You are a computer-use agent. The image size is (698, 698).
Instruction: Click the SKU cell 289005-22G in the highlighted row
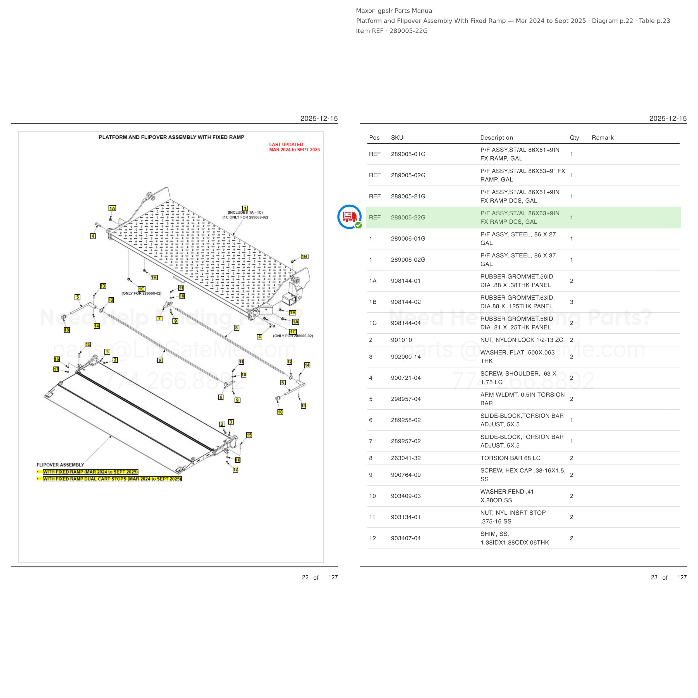pos(408,217)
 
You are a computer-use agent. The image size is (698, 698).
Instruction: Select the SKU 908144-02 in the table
pos(406,302)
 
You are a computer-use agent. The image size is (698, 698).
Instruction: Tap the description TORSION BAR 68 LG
pos(510,458)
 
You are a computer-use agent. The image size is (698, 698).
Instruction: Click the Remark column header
pos(603,138)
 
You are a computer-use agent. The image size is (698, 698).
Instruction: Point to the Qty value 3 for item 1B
pos(572,302)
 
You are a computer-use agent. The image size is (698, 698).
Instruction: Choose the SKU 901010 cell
pos(401,340)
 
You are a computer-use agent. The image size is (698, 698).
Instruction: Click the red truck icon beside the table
pos(349,217)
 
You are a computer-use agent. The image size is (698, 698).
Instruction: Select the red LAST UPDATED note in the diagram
pos(295,147)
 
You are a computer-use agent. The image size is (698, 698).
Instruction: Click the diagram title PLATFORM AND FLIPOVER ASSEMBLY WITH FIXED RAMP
pos(172,137)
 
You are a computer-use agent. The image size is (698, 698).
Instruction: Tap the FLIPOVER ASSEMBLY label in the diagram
pos(60,465)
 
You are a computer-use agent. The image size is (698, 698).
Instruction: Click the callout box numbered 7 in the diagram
pos(159,319)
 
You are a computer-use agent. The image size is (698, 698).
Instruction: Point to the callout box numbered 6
pos(221,397)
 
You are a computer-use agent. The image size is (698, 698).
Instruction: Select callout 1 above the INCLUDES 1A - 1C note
pos(245,209)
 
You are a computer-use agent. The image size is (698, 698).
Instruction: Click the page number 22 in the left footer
pos(305,577)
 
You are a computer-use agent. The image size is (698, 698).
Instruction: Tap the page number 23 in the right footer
pos(654,577)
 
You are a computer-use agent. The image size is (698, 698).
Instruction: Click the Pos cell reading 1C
pos(373,323)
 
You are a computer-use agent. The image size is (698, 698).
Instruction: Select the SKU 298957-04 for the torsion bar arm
pos(406,399)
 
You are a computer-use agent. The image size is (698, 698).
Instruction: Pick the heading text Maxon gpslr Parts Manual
pos(395,11)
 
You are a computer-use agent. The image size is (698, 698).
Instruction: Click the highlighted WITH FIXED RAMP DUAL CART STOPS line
pos(112,479)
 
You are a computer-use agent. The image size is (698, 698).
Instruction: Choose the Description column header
pos(497,138)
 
